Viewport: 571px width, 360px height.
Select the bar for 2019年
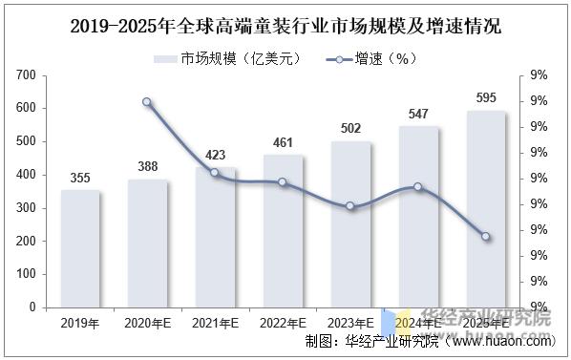tap(80, 248)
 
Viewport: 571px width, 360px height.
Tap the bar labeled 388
tap(147, 244)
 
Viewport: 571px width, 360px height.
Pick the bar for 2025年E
tap(486, 209)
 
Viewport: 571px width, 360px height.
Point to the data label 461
tap(283, 141)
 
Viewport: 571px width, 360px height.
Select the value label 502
tap(350, 128)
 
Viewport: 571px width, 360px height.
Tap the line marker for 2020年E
tap(147, 101)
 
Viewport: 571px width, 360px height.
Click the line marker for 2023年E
tap(350, 206)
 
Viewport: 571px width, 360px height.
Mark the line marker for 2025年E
tap(486, 237)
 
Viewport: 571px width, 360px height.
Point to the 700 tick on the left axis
tap(27, 75)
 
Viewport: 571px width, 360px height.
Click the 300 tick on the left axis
tap(27, 208)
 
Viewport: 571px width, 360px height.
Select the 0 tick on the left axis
tap(33, 307)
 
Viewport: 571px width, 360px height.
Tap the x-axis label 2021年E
tap(215, 325)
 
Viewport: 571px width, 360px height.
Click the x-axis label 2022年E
tap(283, 325)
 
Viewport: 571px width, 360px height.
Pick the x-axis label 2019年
tap(80, 325)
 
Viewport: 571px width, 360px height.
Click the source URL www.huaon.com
tap(497, 342)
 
